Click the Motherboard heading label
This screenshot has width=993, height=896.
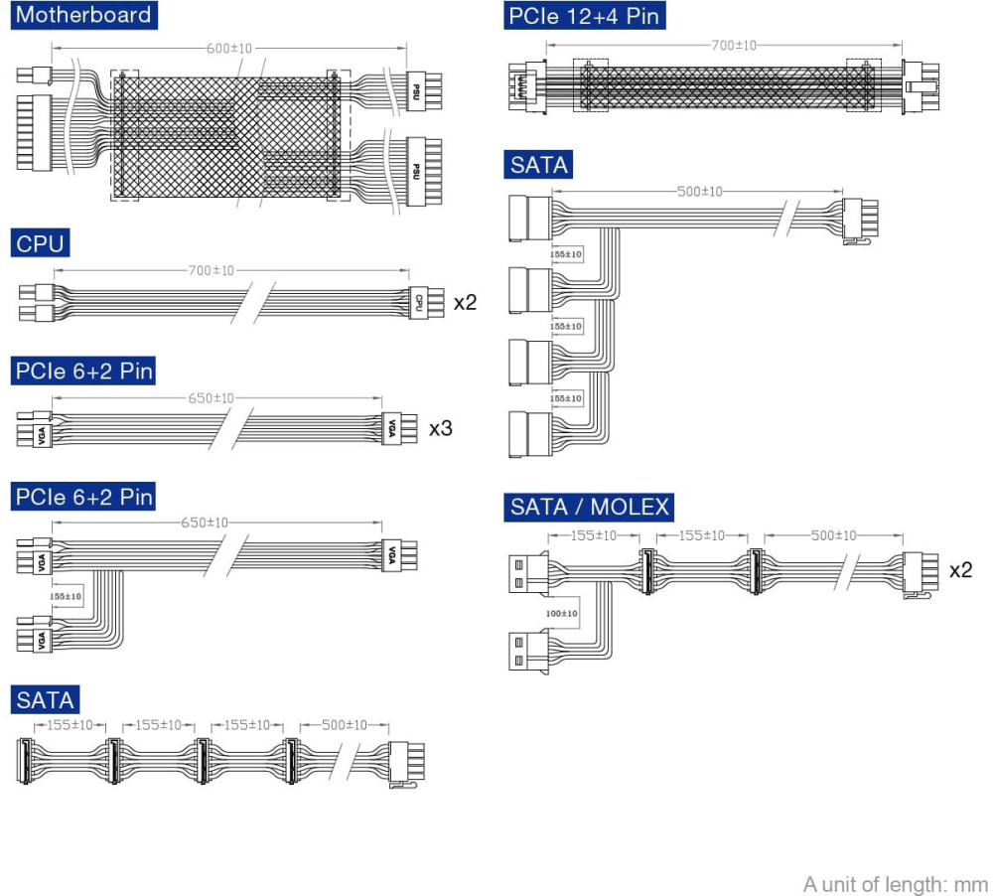coord(85,15)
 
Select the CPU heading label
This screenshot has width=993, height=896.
coord(40,242)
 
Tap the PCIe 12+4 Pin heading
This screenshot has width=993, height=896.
coord(583,16)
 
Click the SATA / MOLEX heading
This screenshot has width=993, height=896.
coord(590,508)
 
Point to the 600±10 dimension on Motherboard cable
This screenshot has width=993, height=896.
coord(229,48)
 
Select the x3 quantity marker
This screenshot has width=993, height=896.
coord(441,429)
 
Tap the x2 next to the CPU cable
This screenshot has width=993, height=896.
coord(465,302)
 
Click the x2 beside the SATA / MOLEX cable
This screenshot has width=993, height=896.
coord(960,569)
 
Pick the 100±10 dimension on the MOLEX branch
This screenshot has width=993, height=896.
coord(561,614)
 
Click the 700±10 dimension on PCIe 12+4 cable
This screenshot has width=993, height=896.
coord(734,45)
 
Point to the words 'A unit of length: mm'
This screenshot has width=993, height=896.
coord(896,883)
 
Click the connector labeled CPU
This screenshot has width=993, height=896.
coord(419,301)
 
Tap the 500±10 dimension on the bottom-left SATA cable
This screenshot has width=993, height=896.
coord(344,725)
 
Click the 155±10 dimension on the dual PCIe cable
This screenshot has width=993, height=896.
coord(68,597)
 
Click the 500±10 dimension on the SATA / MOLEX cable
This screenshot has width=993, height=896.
coord(833,535)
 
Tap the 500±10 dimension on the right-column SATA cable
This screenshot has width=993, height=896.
coord(700,192)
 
